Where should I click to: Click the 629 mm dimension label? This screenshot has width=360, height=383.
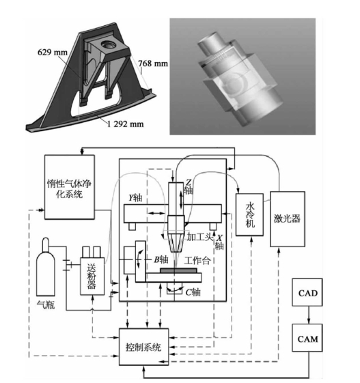tap(53, 53)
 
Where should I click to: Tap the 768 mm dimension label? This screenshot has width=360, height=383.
tap(153, 63)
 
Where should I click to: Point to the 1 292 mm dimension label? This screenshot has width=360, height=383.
tap(126, 124)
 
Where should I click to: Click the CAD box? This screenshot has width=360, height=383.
tap(307, 292)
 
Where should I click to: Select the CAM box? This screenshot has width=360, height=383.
tap(307, 338)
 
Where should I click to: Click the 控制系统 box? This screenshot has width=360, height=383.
tap(143, 347)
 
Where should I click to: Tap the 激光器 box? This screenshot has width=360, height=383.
tap(288, 219)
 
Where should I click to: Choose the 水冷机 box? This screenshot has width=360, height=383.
tap(249, 214)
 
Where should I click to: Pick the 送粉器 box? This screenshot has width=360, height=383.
tap(92, 276)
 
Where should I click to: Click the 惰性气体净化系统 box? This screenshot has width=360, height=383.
tap(70, 187)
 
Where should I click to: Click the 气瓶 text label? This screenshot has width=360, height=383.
tap(46, 305)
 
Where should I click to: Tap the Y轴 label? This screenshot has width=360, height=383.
tap(135, 197)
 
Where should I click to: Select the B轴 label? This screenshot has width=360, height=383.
tap(161, 259)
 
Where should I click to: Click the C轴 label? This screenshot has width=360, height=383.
tap(193, 292)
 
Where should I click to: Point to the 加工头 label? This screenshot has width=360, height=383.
tap(199, 236)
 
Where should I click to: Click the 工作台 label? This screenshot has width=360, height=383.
tap(197, 260)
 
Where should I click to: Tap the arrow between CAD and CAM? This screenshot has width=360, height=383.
tap(309, 315)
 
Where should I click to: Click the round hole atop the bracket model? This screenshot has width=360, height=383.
tap(107, 44)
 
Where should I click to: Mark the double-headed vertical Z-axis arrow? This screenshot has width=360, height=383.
tap(181, 200)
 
